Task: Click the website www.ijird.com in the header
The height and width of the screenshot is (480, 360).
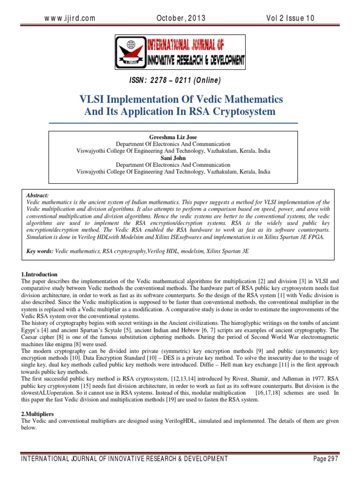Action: point(70,18)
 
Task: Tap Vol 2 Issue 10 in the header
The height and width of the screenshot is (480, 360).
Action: point(291,18)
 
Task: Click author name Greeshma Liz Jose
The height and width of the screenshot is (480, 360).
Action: point(173,137)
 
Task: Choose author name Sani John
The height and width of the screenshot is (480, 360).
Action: point(173,158)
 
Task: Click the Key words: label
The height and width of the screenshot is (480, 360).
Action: point(40,252)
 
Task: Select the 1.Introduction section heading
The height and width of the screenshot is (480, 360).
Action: point(39,274)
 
